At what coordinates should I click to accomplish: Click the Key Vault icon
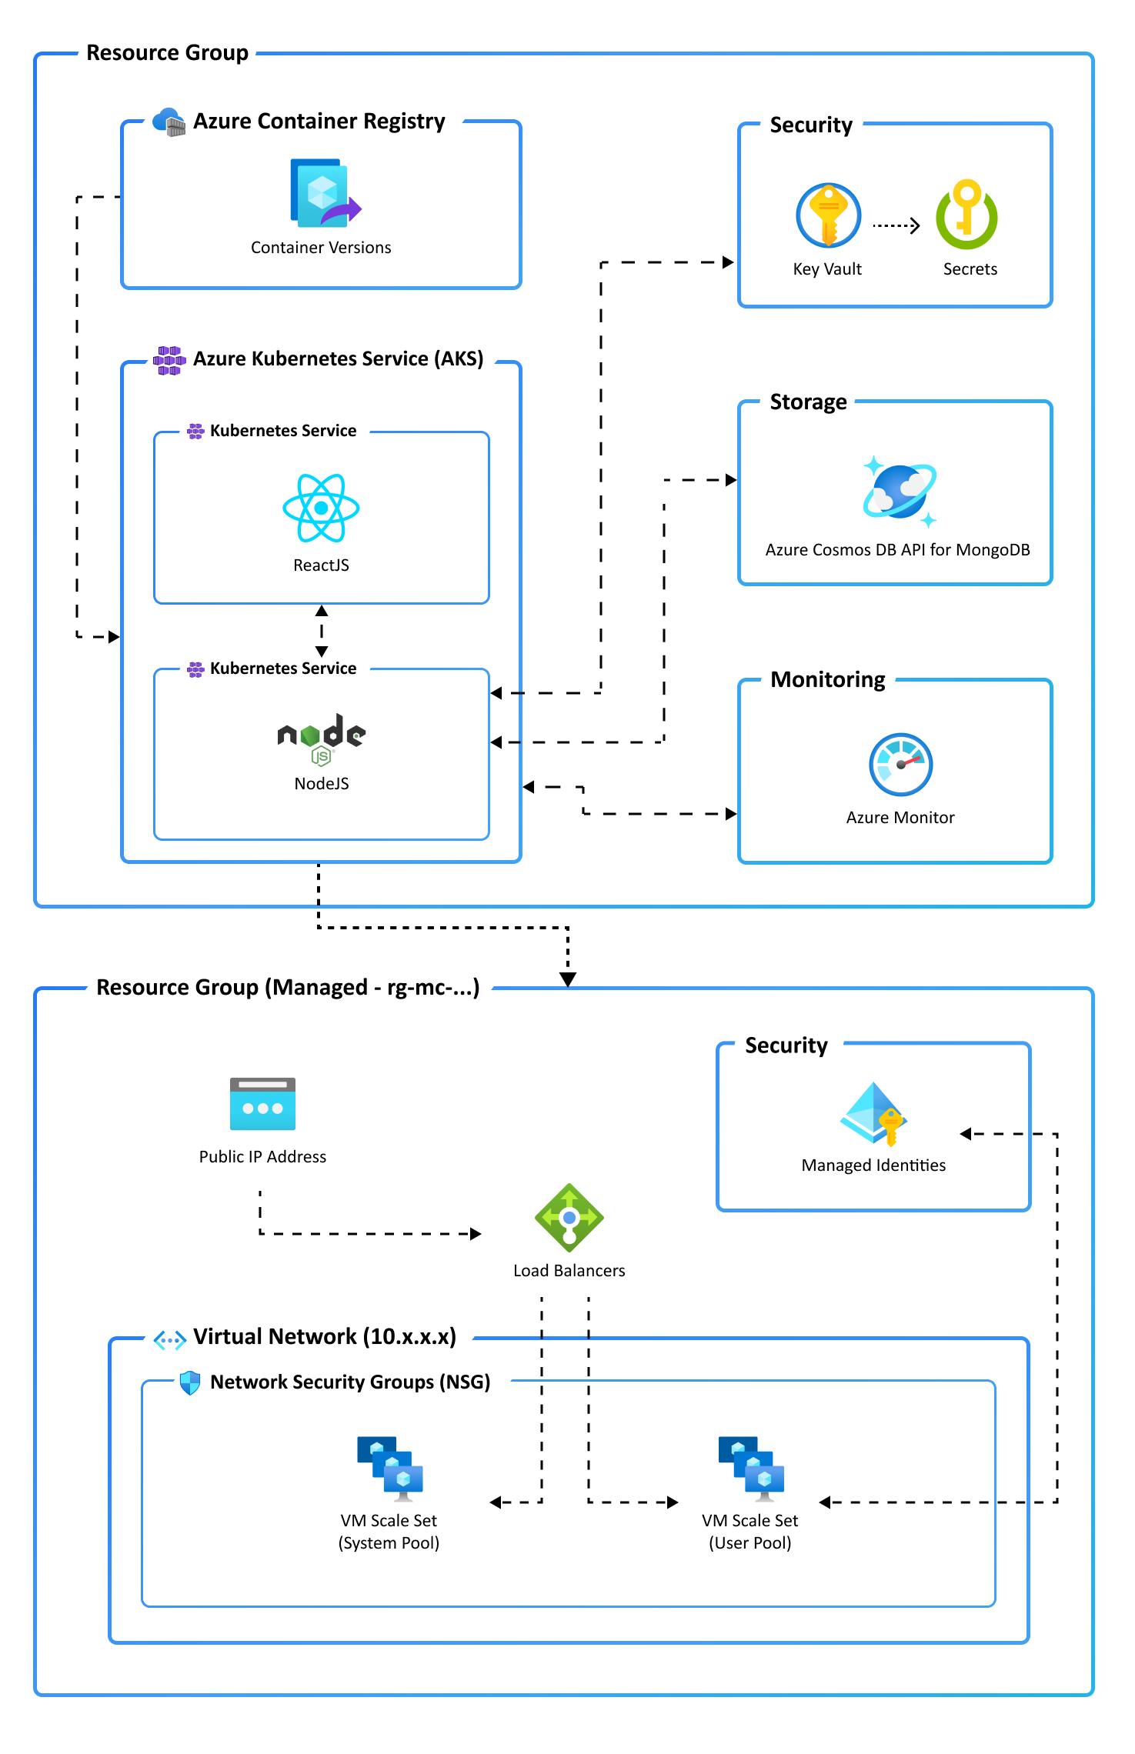pos(828,215)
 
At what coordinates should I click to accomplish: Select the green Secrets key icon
pos(966,215)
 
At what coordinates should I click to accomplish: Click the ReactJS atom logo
pos(321,508)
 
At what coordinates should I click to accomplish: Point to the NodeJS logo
pos(322,739)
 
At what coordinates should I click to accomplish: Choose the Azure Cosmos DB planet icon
pos(900,491)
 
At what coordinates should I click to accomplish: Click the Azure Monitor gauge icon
pos(900,765)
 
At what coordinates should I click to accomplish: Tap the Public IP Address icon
pos(262,1103)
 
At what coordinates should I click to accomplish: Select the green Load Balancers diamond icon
pos(569,1218)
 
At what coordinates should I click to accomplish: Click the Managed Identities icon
pos(874,1114)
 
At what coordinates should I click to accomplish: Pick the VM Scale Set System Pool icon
pos(390,1469)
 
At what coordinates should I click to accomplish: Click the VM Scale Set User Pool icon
pos(751,1469)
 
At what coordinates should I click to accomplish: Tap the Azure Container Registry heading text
pos(319,122)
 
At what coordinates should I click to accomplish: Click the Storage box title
pos(808,402)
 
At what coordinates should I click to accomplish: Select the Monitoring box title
pos(828,680)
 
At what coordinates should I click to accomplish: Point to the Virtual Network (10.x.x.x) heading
pos(325,1337)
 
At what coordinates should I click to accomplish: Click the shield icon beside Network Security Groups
pos(190,1383)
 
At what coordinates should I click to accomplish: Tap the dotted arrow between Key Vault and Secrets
pos(896,225)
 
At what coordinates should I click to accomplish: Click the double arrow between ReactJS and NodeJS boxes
pos(322,631)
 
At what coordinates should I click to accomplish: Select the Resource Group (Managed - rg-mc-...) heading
pos(288,988)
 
